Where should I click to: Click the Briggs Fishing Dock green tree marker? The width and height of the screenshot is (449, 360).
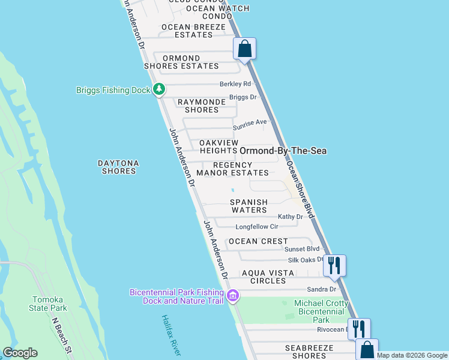click(158, 90)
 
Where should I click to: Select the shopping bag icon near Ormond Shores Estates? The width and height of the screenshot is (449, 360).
click(245, 49)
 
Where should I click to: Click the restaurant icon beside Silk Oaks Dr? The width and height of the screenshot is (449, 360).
click(334, 265)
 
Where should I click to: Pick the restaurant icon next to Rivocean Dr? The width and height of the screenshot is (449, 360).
click(359, 329)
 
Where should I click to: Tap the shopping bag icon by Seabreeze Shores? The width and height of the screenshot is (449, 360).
click(367, 349)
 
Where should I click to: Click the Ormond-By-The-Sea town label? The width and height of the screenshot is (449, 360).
click(283, 151)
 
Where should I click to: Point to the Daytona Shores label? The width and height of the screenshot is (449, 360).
click(119, 167)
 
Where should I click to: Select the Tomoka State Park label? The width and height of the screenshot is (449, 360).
click(50, 304)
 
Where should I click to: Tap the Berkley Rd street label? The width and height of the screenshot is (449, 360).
click(235, 84)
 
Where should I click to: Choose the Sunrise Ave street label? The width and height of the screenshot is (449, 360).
click(250, 122)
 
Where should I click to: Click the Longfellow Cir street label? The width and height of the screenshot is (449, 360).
click(257, 227)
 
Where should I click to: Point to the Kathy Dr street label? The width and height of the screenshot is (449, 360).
click(291, 217)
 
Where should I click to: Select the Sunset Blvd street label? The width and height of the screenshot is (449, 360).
click(302, 248)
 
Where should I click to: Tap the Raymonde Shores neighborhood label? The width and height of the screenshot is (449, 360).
click(202, 106)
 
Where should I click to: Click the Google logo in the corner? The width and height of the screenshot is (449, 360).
click(20, 353)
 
